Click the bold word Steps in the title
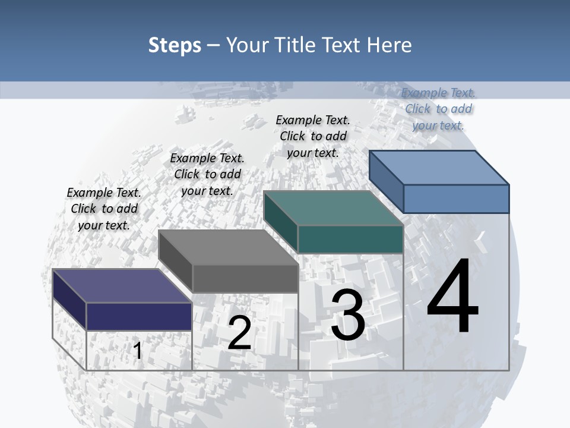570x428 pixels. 175,45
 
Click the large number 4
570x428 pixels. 452,297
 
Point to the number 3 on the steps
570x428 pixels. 348,315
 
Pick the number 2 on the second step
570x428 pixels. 239,333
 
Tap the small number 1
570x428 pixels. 138,351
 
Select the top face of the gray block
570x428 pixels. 228,247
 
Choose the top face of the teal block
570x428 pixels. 333,208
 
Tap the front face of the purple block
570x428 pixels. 139,316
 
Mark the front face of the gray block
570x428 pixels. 245,278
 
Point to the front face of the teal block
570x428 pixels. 350,239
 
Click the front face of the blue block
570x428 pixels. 456,199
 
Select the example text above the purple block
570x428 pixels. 104,209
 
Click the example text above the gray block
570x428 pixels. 207,174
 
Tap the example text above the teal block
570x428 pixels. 313,136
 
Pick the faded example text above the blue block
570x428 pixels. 438,109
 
